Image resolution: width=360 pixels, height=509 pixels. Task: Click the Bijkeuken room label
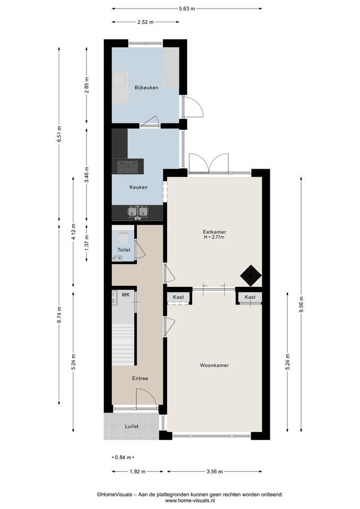pyautogui.click(x=146, y=87)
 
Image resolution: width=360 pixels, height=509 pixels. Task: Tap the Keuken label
pyautogui.click(x=138, y=187)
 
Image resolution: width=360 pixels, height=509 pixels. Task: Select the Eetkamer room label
pyautogui.click(x=214, y=232)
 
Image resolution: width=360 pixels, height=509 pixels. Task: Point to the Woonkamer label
pyautogui.click(x=214, y=365)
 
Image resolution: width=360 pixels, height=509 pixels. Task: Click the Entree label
pyautogui.click(x=140, y=379)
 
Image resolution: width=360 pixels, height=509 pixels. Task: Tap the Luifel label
pyautogui.click(x=131, y=426)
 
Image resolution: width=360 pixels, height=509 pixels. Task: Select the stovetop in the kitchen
pyautogui.click(x=128, y=166)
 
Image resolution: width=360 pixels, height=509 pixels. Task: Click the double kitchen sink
pyautogui.click(x=138, y=212)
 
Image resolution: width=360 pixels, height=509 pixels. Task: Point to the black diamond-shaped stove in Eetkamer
pyautogui.click(x=251, y=276)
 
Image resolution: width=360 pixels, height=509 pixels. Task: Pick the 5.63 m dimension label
pyautogui.click(x=187, y=9)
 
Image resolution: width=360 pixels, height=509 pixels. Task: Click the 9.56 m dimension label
pyautogui.click(x=302, y=305)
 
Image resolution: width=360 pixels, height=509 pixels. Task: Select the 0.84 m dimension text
pyautogui.click(x=123, y=458)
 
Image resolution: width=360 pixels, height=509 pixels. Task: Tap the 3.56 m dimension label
pyautogui.click(x=215, y=472)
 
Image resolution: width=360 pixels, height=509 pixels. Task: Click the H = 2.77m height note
pyautogui.click(x=214, y=238)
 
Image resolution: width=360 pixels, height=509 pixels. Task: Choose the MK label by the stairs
pyautogui.click(x=126, y=295)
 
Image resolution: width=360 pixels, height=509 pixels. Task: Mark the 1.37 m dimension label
pyautogui.click(x=86, y=242)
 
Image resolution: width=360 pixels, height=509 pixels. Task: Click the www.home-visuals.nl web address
pyautogui.click(x=190, y=501)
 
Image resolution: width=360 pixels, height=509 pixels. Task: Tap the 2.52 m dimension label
pyautogui.click(x=145, y=22)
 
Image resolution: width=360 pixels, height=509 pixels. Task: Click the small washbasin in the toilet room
pyautogui.click(x=117, y=258)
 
